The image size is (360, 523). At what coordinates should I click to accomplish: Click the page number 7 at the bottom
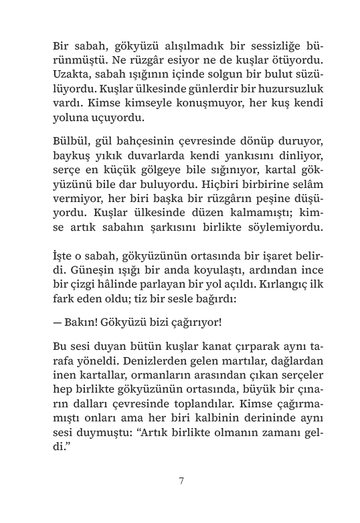(181, 480)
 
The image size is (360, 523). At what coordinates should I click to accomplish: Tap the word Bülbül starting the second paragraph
(69, 142)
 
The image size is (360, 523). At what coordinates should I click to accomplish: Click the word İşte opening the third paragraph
(64, 257)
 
